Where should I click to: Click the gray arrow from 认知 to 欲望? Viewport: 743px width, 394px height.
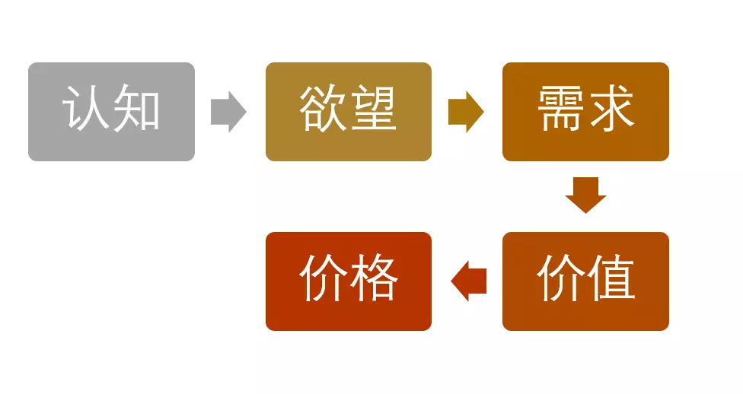pos(228,112)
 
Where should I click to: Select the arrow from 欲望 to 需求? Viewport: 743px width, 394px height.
pos(466,112)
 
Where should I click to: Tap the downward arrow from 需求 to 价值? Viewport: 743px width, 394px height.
pos(585,195)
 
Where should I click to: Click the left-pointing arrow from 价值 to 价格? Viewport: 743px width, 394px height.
pos(468,281)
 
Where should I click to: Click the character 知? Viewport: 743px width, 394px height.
pos(136,109)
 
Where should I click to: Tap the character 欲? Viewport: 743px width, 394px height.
pos(324,109)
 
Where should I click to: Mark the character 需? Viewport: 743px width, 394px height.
pos(561,109)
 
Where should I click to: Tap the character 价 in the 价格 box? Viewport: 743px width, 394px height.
pos(324,278)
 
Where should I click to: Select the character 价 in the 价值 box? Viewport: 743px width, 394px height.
pos(561,278)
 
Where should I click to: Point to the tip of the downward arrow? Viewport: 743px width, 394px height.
pos(585,211)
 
